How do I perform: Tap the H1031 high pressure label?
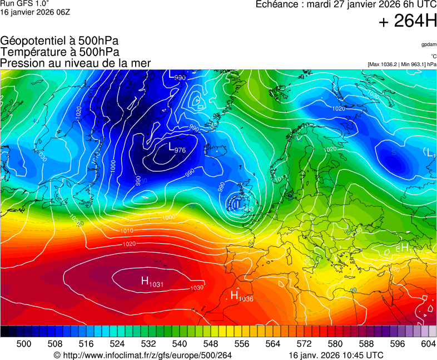pos(152,282)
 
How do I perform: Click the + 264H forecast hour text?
pos(408,22)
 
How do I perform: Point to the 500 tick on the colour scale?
pos(24,344)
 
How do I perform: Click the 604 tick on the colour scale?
pos(428,344)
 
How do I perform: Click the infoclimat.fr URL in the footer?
pos(142,355)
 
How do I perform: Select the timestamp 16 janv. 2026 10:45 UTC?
pos(336,355)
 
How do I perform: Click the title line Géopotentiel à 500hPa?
pos(59,41)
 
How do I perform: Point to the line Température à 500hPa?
pos(59,52)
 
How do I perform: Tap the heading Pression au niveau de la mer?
pos(76,63)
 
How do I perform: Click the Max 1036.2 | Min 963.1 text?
pos(402,64)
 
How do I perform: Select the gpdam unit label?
pos(428,44)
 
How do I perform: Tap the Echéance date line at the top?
pos(346,4)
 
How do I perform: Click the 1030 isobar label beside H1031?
pos(197,288)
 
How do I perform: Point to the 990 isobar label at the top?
pos(180,78)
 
